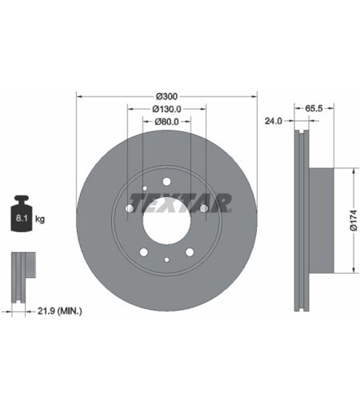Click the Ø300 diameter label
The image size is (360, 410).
(166, 96)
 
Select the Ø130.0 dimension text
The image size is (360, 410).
(166, 109)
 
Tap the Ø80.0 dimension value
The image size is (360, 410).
(166, 122)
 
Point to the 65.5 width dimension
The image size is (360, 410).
(314, 108)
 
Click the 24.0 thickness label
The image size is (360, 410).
(273, 121)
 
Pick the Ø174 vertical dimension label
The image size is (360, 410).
(354, 220)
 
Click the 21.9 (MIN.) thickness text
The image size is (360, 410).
(60, 311)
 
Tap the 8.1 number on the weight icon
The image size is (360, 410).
(22, 218)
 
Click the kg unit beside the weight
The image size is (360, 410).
(40, 219)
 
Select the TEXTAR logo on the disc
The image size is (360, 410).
(180, 203)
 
